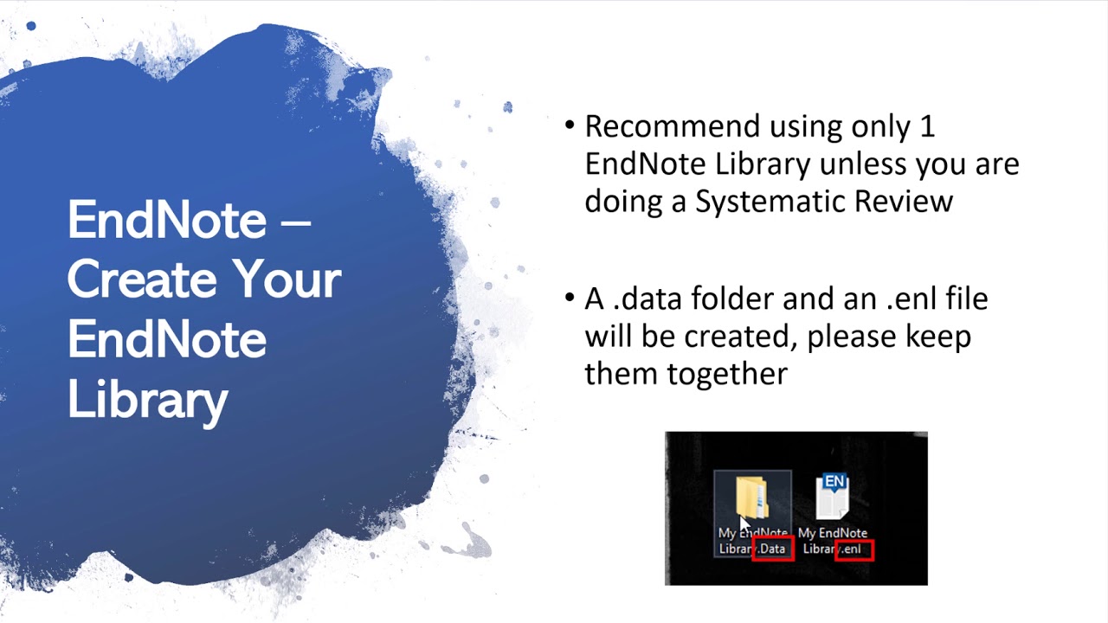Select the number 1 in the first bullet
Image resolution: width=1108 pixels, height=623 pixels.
[x=926, y=127]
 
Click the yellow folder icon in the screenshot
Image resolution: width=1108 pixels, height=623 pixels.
[x=751, y=497]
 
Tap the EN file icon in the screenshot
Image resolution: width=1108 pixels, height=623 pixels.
[x=833, y=497]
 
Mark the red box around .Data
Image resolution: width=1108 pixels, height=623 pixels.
[x=772, y=549]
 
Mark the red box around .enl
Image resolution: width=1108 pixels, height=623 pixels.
[x=854, y=549]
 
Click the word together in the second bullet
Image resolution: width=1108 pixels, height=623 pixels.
[x=686, y=374]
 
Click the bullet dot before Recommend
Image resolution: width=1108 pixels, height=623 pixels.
[x=569, y=126]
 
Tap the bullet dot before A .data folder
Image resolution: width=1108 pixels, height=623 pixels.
[x=569, y=299]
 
